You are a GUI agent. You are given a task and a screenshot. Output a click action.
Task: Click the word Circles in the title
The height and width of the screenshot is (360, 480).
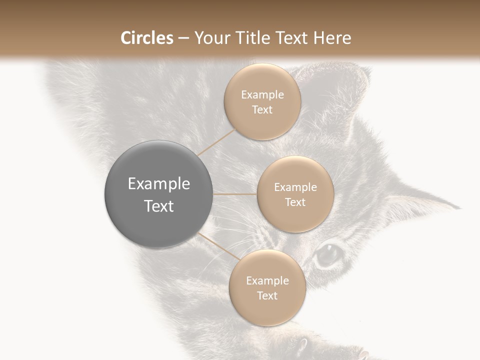146,38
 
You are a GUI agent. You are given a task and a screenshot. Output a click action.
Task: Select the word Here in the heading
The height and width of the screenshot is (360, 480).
332,38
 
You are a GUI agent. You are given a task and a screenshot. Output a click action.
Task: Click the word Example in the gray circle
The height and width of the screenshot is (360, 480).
159,184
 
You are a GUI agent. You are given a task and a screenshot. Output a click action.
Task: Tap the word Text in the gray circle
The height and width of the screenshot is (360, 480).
159,206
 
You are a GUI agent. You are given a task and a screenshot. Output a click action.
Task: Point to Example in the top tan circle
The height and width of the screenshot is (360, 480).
262,94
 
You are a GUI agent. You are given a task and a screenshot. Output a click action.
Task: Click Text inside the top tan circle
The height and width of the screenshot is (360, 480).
262,109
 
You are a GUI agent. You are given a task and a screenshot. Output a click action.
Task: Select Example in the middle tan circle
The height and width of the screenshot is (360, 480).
295,187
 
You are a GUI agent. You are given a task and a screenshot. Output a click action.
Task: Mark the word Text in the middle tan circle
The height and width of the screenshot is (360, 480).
295,202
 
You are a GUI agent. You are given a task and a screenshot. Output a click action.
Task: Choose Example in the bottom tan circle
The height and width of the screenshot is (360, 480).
267,280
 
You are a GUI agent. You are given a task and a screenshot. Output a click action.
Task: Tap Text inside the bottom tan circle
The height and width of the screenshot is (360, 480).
267,295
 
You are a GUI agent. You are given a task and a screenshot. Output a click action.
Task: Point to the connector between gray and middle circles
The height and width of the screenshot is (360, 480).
235,194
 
